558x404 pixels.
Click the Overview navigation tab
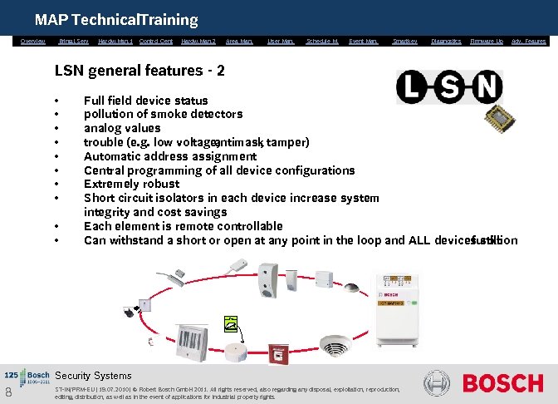33,41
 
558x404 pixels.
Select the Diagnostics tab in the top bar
445,41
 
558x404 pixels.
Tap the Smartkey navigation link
404,41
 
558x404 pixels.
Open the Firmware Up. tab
487,41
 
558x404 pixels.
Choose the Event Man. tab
363,41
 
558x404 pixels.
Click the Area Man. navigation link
239,41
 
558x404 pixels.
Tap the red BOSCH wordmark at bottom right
502,383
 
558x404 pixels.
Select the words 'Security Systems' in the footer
93,376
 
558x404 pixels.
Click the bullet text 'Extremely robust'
131,184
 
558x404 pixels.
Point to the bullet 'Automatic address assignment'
170,156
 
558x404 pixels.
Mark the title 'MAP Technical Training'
116,19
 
